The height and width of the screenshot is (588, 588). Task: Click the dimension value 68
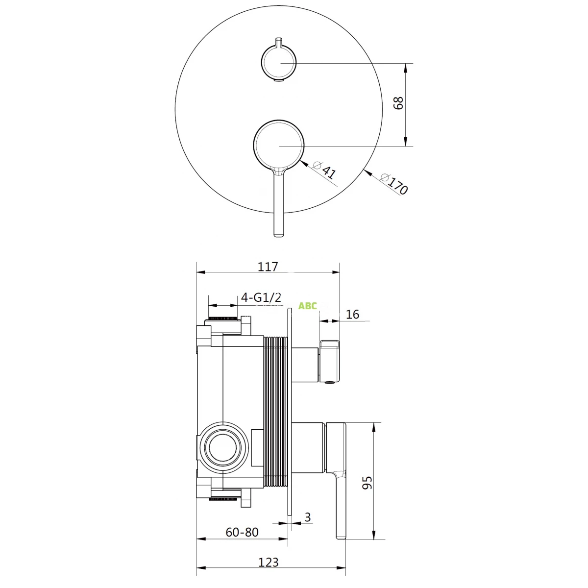click(398, 103)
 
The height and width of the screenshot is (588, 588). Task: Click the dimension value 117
click(268, 267)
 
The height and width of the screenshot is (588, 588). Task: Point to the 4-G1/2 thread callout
click(261, 297)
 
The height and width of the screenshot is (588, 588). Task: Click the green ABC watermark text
click(307, 306)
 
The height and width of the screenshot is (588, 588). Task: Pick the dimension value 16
click(352, 314)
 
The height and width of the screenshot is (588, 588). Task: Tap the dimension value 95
click(367, 483)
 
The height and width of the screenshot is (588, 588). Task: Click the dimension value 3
click(308, 517)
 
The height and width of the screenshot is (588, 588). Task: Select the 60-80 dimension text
click(242, 532)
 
